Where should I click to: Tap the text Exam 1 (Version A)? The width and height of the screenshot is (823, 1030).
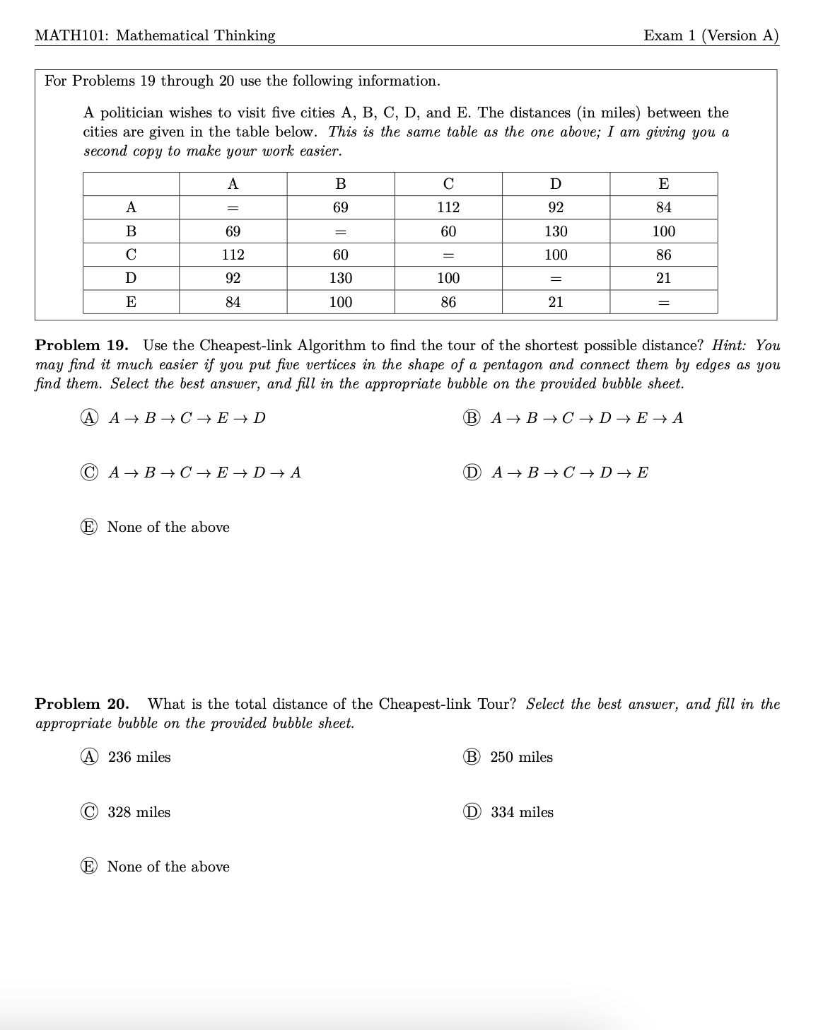coord(711,35)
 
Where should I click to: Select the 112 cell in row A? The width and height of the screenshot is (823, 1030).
coord(448,207)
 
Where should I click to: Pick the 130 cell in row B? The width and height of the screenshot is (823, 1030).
coord(556,231)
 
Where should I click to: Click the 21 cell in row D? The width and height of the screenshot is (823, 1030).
coord(663,278)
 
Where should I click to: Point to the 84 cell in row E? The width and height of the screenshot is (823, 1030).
coord(233,302)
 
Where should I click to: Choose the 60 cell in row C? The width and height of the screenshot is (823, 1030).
coord(340,255)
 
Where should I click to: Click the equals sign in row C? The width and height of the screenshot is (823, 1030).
coord(448,255)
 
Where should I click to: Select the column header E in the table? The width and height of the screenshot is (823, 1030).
coord(663,184)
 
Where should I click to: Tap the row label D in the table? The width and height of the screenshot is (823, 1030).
coord(131,278)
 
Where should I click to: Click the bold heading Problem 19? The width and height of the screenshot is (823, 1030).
coord(81,345)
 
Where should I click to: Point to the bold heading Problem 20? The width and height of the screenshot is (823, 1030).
coord(81,704)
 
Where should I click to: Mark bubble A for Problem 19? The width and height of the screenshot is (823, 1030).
coord(89,418)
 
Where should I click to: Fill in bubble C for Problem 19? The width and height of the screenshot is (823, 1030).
coord(89,473)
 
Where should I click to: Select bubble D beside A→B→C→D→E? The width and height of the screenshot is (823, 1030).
coord(472,473)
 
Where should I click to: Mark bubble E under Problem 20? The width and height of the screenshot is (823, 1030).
coord(89,867)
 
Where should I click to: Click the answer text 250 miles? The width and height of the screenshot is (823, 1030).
coord(521,757)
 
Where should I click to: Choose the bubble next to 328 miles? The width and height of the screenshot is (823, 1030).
coord(89,812)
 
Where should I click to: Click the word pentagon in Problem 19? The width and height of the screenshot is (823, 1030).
coord(513,365)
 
